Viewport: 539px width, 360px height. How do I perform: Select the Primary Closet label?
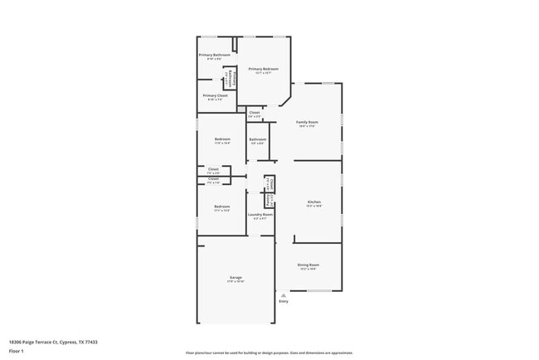pyautogui.click(x=215, y=95)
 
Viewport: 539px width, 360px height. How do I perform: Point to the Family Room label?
pyautogui.click(x=308, y=122)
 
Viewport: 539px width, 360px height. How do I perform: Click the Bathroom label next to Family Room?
pyautogui.click(x=258, y=139)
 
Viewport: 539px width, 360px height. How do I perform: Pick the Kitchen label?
pyautogui.click(x=314, y=202)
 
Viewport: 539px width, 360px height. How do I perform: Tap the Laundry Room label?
pyautogui.click(x=260, y=215)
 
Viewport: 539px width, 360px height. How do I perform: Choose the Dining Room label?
pyautogui.click(x=308, y=265)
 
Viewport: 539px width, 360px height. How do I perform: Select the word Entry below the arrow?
pyautogui.click(x=284, y=301)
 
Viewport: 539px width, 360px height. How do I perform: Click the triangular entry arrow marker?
pyautogui.click(x=284, y=294)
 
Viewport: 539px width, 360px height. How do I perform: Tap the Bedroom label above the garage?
pyautogui.click(x=221, y=206)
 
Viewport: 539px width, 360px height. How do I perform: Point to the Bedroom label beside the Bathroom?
pyautogui.click(x=221, y=139)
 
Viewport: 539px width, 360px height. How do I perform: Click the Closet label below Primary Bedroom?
pyautogui.click(x=255, y=112)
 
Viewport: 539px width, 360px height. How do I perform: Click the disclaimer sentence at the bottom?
pyautogui.click(x=269, y=353)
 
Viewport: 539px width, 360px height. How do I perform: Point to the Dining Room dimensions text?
pyautogui.click(x=308, y=270)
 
